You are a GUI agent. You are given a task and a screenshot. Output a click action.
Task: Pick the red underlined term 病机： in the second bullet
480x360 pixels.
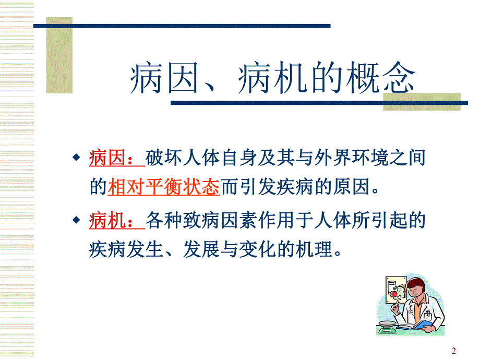point(116,221)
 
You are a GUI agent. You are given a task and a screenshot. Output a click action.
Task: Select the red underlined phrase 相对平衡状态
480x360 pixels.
point(163,187)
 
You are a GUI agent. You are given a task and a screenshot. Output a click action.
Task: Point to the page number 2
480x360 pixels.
point(453,351)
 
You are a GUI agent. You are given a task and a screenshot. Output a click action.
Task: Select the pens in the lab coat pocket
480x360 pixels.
point(428,314)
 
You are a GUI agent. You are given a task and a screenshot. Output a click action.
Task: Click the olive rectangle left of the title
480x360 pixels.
point(59,55)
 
